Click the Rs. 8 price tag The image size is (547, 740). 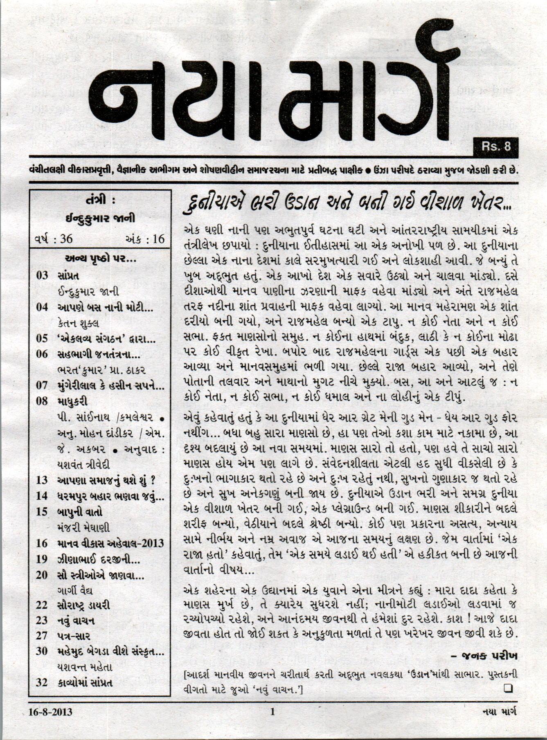click(x=495, y=146)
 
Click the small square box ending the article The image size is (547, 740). click(x=509, y=688)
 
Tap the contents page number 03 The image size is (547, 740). click(x=42, y=275)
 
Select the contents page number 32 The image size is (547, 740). click(x=42, y=683)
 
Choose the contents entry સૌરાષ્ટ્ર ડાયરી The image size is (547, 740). click(x=84, y=605)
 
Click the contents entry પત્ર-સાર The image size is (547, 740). click(x=74, y=636)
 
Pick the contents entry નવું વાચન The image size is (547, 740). click(x=77, y=621)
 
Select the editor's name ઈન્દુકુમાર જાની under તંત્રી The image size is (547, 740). click(x=101, y=220)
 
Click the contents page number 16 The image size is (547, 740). click(x=42, y=543)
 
